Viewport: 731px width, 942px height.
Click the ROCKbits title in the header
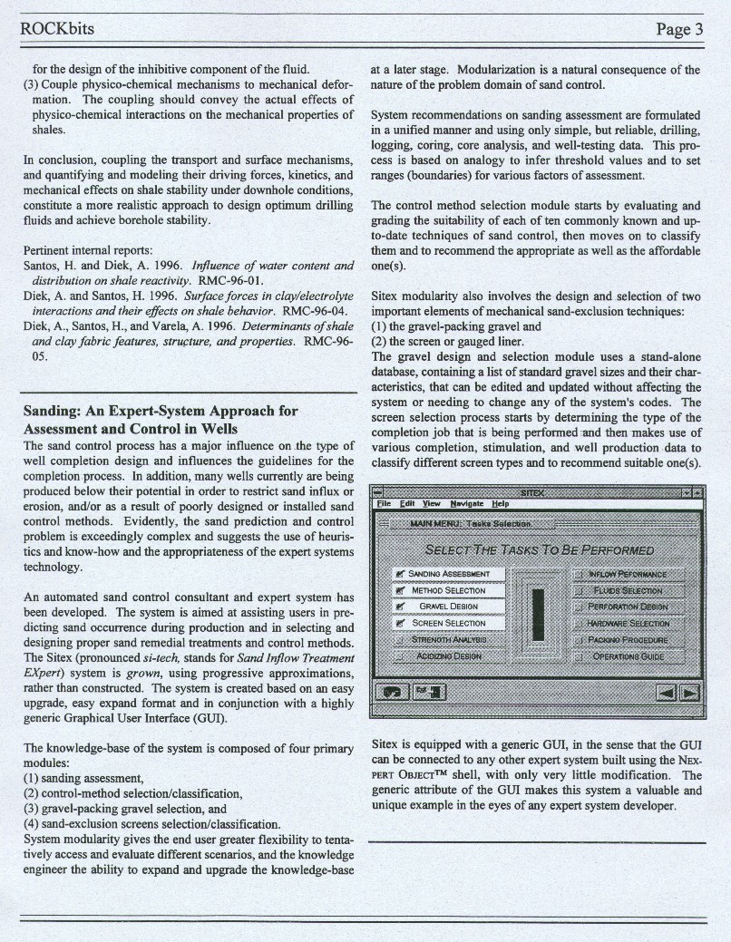(x=57, y=29)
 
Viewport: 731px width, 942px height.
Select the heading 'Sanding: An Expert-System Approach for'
(x=160, y=411)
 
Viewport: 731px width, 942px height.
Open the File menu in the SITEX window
(x=384, y=503)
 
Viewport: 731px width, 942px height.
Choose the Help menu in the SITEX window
(x=500, y=503)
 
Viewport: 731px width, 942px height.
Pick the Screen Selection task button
(x=449, y=623)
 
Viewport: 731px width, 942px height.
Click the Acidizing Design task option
(x=449, y=656)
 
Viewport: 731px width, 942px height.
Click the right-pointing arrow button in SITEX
(x=691, y=693)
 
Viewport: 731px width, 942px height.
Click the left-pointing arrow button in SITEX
(x=667, y=693)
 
